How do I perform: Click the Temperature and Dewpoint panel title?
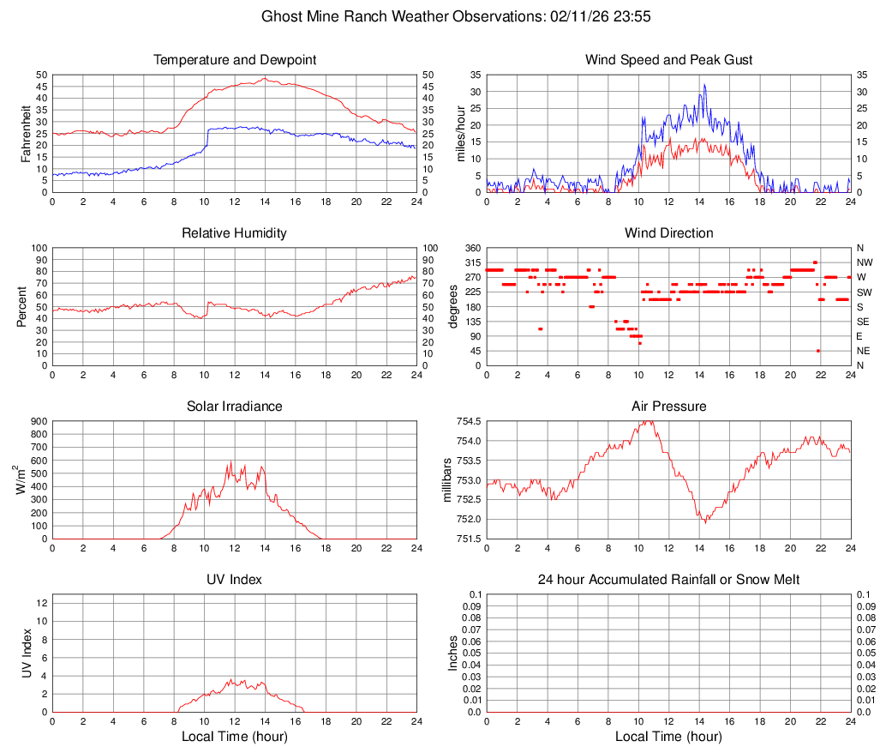235,60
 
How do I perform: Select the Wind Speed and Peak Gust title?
668,60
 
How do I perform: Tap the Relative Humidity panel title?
235,233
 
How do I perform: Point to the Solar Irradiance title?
235,407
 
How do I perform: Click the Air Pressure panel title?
668,407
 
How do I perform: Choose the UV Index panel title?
235,580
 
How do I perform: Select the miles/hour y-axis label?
461,133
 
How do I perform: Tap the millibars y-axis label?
446,479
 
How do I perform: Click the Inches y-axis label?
453,653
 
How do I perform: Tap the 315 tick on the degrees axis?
471,262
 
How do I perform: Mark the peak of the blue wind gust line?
704,84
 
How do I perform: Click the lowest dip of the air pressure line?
704,522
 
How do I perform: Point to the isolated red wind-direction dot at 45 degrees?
818,351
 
